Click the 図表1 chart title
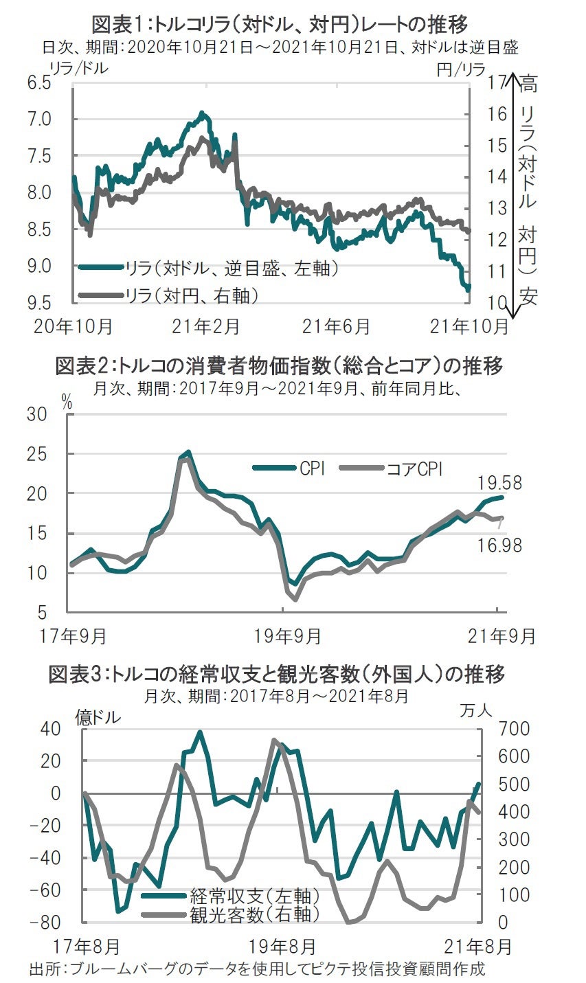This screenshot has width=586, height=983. click(280, 25)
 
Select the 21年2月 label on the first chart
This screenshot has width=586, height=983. click(207, 326)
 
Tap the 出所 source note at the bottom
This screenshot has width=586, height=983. click(257, 970)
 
